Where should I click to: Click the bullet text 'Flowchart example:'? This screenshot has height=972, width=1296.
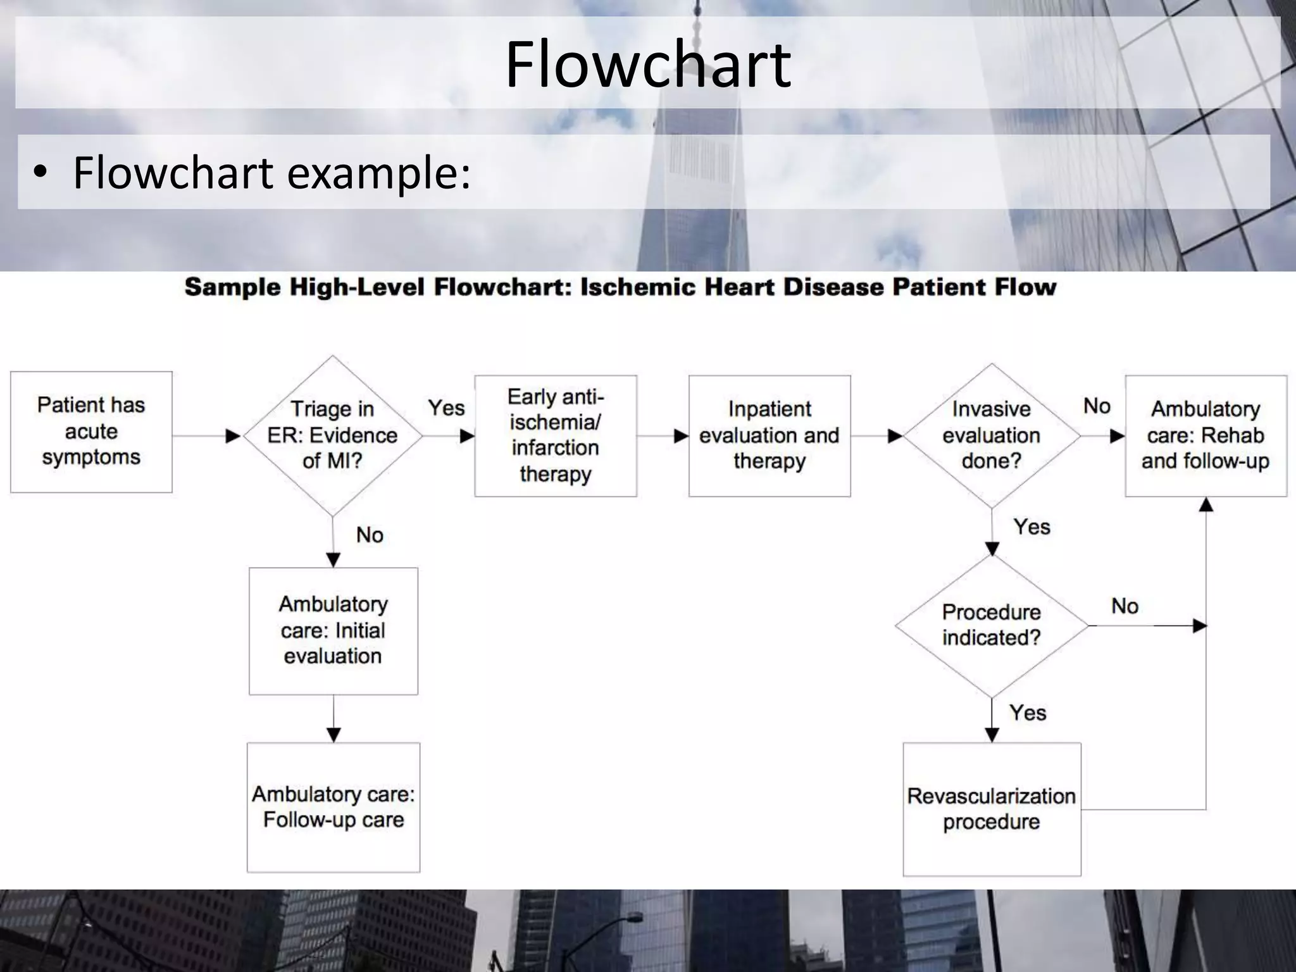point(272,172)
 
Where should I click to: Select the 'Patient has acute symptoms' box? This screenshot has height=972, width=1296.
point(91,432)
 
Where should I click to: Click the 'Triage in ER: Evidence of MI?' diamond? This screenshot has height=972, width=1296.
point(332,435)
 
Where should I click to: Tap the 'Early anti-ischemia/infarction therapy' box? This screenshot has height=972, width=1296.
point(555,435)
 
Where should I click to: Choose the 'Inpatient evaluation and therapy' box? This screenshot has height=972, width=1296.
point(769,435)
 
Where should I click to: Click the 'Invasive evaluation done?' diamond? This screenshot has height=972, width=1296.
point(991,435)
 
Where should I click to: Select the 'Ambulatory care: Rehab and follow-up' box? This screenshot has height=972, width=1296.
point(1205,435)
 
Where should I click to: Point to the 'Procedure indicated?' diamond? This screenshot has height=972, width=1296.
point(991,625)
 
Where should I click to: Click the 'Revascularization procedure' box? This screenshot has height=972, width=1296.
point(991,809)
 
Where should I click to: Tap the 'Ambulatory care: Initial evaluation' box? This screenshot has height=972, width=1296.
point(333,630)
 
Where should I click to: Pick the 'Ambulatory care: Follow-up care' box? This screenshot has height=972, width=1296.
point(333,807)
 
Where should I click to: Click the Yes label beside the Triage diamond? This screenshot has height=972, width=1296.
point(446,408)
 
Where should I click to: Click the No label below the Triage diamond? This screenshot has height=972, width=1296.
point(370,535)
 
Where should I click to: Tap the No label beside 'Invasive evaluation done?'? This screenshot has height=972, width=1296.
point(1097,406)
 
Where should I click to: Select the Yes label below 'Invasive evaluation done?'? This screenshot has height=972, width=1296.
point(1031,527)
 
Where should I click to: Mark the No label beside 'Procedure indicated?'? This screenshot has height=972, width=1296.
point(1125,606)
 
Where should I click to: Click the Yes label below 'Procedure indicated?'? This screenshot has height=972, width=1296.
point(1028,713)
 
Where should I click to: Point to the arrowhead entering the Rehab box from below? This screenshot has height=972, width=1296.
point(1206,504)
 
